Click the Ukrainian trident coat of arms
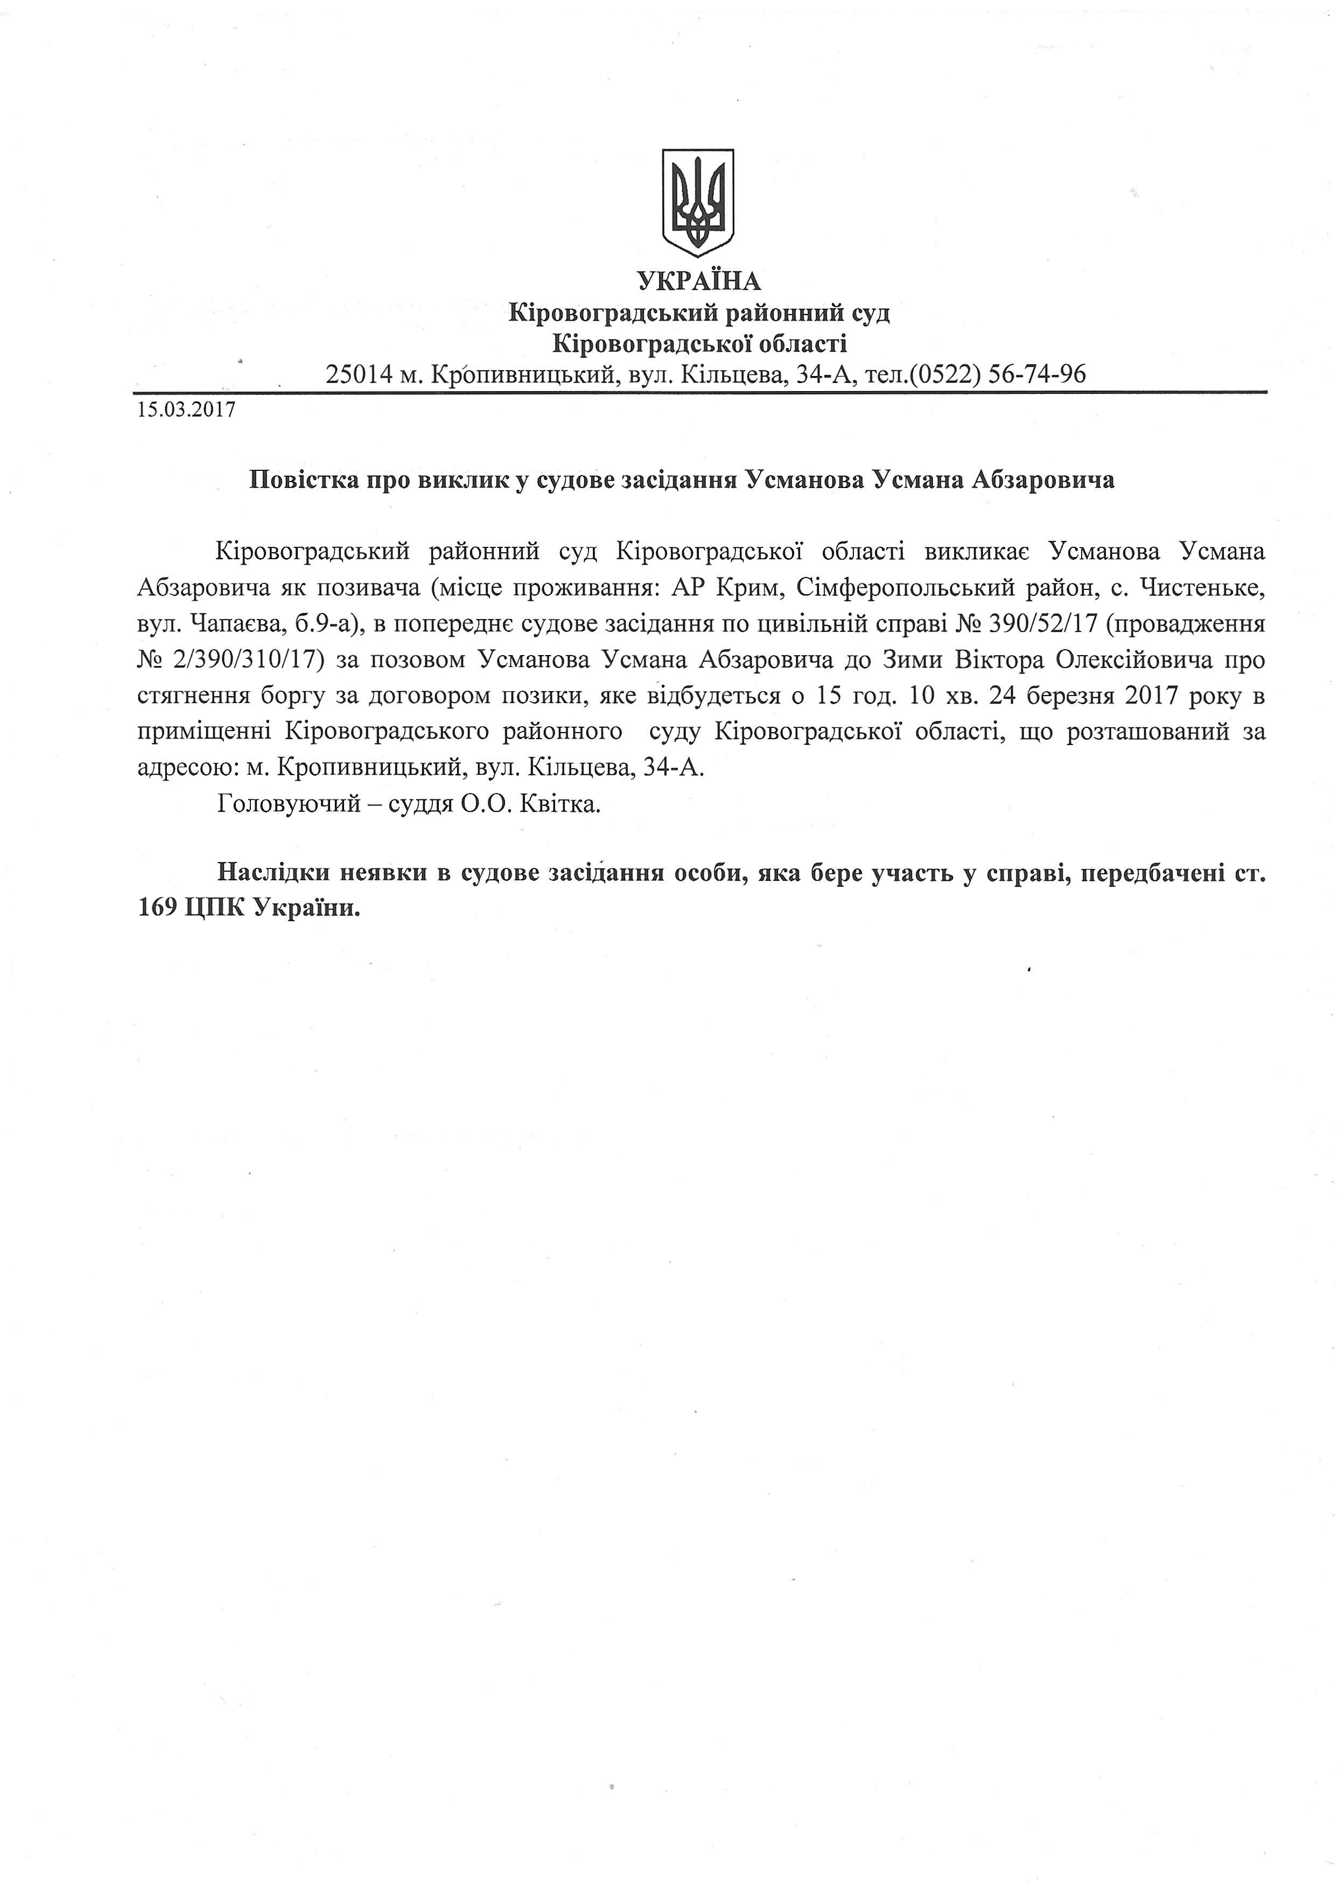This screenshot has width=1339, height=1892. coord(698,202)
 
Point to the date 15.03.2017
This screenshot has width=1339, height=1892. coord(186,410)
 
